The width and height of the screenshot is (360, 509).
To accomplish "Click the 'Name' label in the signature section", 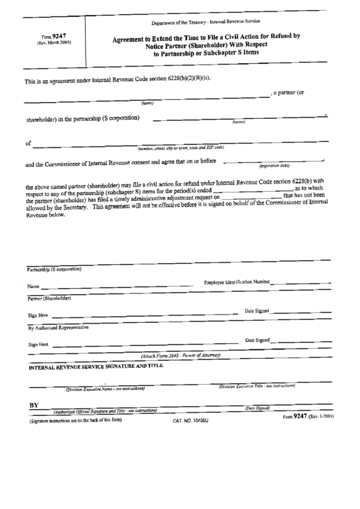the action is tap(33, 287).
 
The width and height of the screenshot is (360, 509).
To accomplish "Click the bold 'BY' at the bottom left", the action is tap(33, 405).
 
